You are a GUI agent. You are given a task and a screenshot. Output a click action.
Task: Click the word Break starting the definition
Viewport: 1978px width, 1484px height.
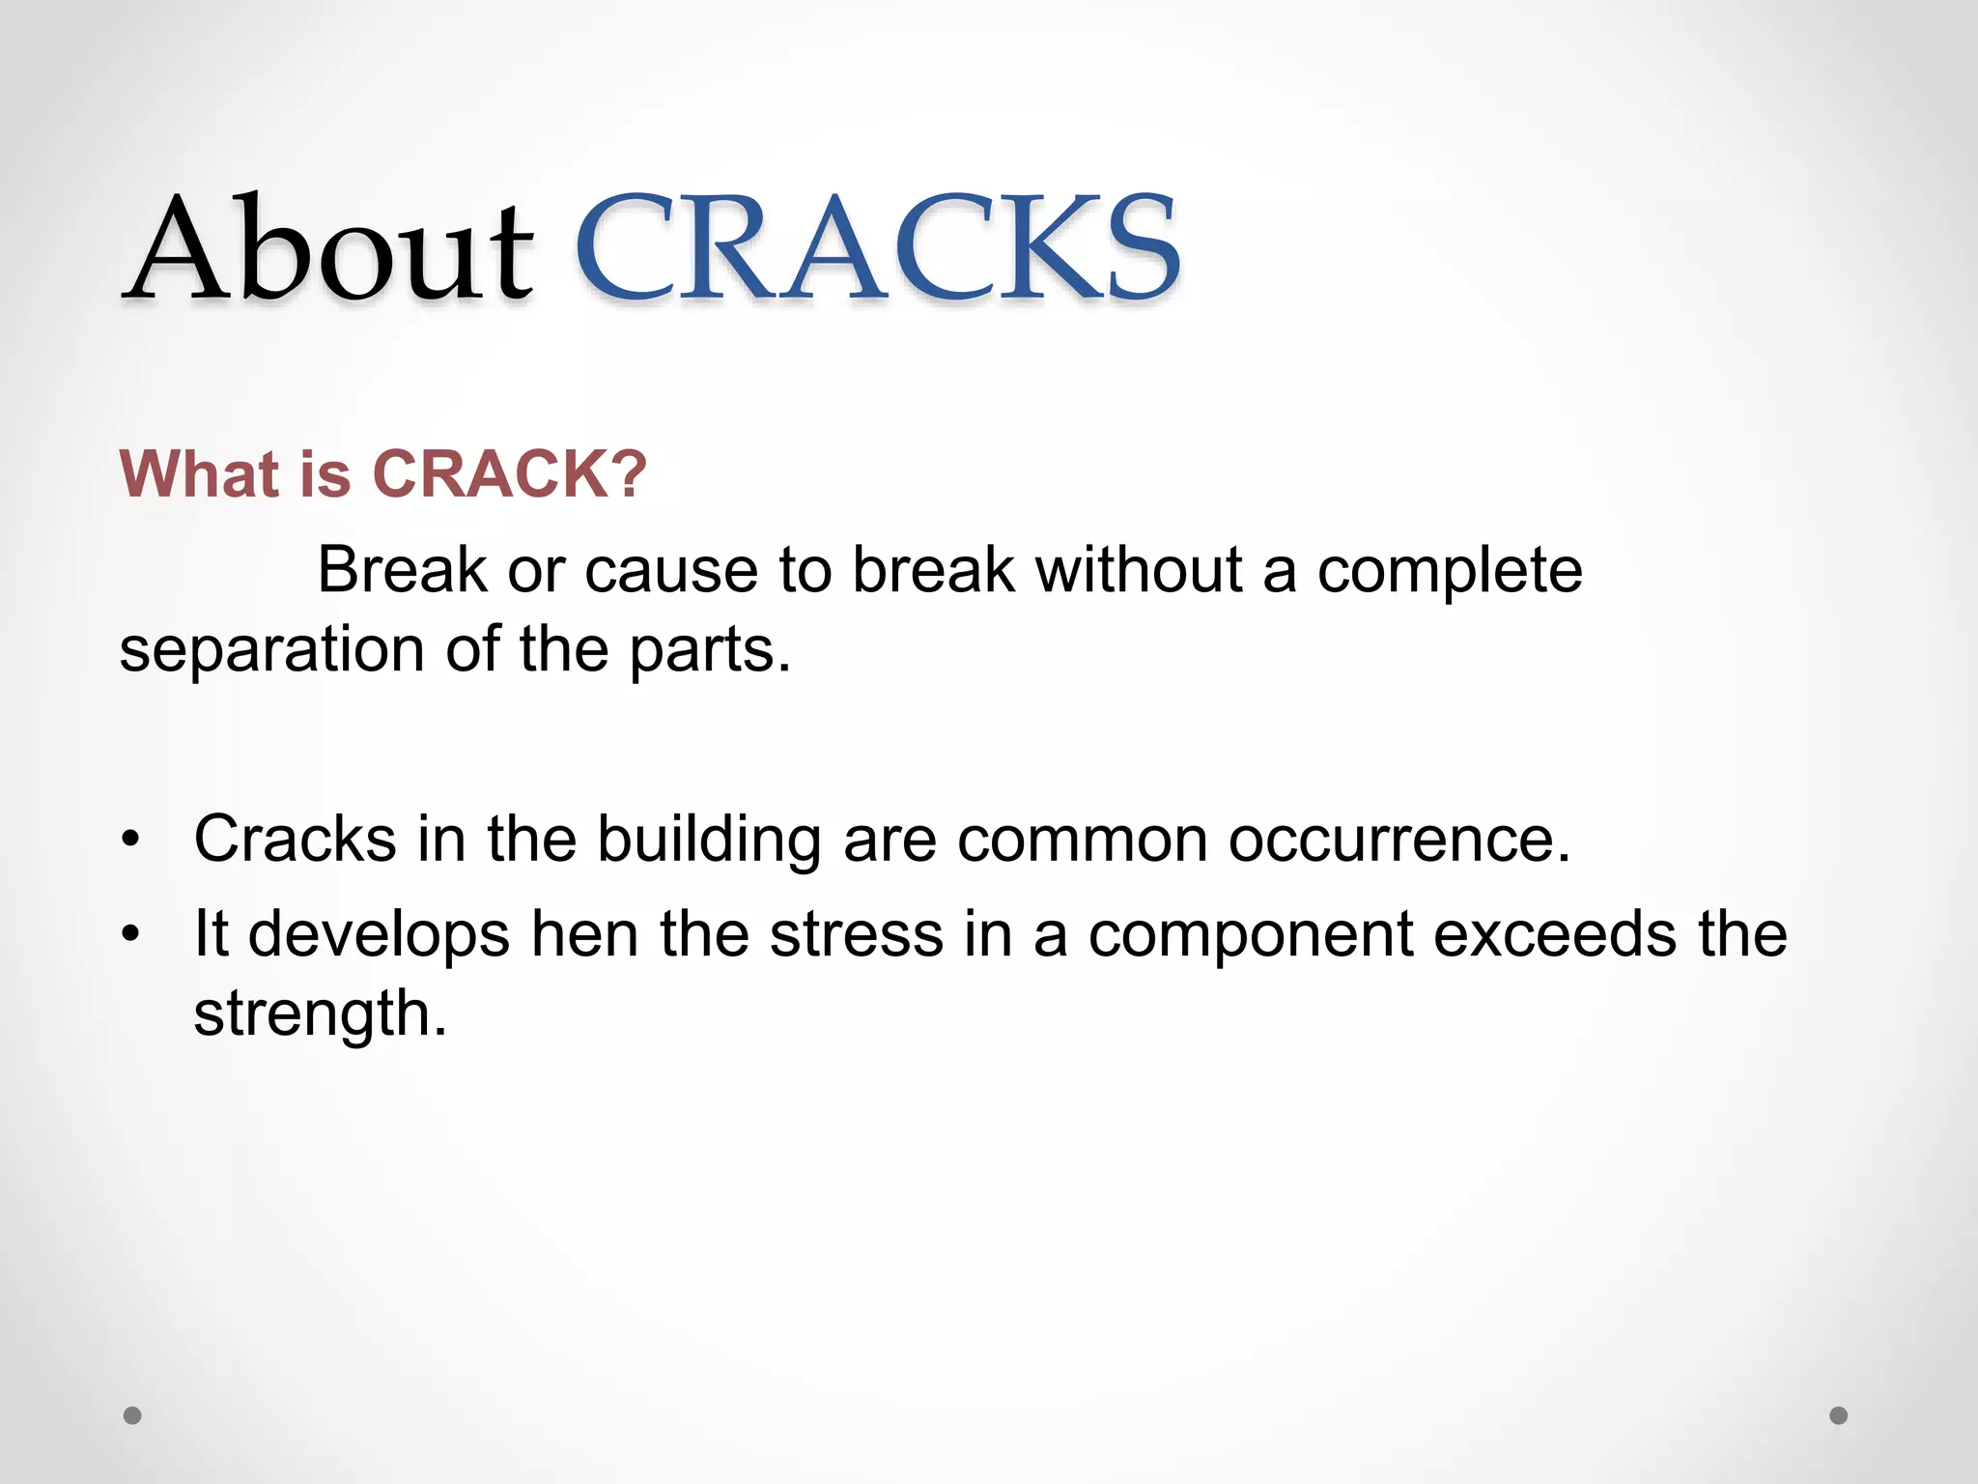(402, 570)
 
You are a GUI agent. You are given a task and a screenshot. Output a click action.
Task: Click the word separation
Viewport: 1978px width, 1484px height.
(271, 649)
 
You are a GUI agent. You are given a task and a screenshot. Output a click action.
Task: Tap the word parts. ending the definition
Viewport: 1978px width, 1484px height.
(710, 649)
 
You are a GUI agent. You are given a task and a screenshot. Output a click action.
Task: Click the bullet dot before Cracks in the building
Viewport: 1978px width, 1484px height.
(131, 839)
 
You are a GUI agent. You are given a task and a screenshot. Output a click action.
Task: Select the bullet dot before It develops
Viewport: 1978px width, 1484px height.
(131, 934)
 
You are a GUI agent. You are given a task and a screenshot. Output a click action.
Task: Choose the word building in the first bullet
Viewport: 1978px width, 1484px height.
(709, 839)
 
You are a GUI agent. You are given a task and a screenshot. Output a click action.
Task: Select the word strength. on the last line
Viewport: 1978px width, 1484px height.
(321, 1013)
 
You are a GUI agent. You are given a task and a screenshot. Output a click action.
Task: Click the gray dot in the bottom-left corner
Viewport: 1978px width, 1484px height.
(132, 1415)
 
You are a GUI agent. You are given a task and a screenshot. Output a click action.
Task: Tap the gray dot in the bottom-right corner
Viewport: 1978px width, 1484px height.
(1839, 1415)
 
